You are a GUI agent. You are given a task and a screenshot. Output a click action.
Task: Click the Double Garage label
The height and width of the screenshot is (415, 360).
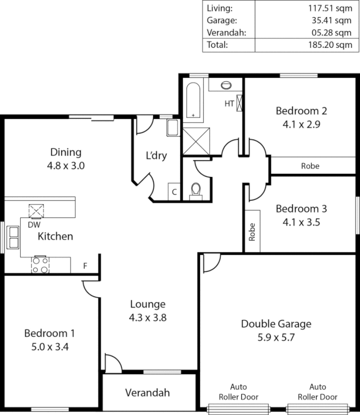(276, 324)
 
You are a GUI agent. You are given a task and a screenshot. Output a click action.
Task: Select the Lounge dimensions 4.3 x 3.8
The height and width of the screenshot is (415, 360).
(148, 316)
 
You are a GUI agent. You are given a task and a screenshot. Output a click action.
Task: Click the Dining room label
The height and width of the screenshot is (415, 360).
(66, 153)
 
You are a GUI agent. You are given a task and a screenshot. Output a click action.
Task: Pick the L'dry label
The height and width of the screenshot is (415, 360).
(156, 156)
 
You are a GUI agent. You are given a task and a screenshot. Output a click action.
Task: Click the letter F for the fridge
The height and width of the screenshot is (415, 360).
(85, 267)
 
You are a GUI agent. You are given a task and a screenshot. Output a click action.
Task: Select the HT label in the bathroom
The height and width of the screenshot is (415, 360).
(229, 103)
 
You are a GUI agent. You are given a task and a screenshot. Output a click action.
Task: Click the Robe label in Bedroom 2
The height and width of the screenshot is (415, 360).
(310, 166)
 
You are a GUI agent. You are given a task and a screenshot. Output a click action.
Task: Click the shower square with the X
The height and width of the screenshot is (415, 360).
(195, 140)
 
